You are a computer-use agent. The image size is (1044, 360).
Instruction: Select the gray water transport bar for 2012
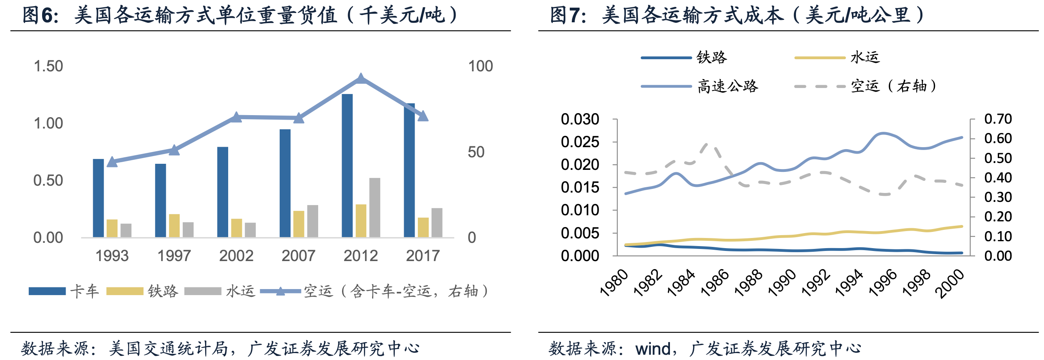tap(374, 207)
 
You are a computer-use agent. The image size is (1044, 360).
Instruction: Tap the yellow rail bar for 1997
tap(174, 225)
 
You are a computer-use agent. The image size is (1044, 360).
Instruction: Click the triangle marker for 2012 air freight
tap(361, 79)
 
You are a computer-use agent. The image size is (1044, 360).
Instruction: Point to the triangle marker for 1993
tap(112, 162)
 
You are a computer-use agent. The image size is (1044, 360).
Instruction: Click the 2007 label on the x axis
tap(298, 256)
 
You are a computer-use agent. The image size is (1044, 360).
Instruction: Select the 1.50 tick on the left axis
tap(48, 66)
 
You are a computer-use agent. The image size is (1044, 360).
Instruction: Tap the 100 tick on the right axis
tap(480, 66)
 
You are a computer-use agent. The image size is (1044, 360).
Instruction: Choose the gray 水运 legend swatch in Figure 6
tap(203, 291)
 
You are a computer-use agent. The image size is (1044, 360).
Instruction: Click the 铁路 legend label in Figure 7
tap(712, 58)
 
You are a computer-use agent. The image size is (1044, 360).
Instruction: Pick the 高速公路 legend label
tap(727, 86)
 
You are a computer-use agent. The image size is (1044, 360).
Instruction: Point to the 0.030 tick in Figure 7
tap(580, 119)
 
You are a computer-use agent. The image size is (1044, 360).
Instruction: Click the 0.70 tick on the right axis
tap(998, 119)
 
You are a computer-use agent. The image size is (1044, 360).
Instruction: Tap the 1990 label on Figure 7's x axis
tap(782, 283)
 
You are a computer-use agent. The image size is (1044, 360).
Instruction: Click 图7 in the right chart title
tap(567, 15)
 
